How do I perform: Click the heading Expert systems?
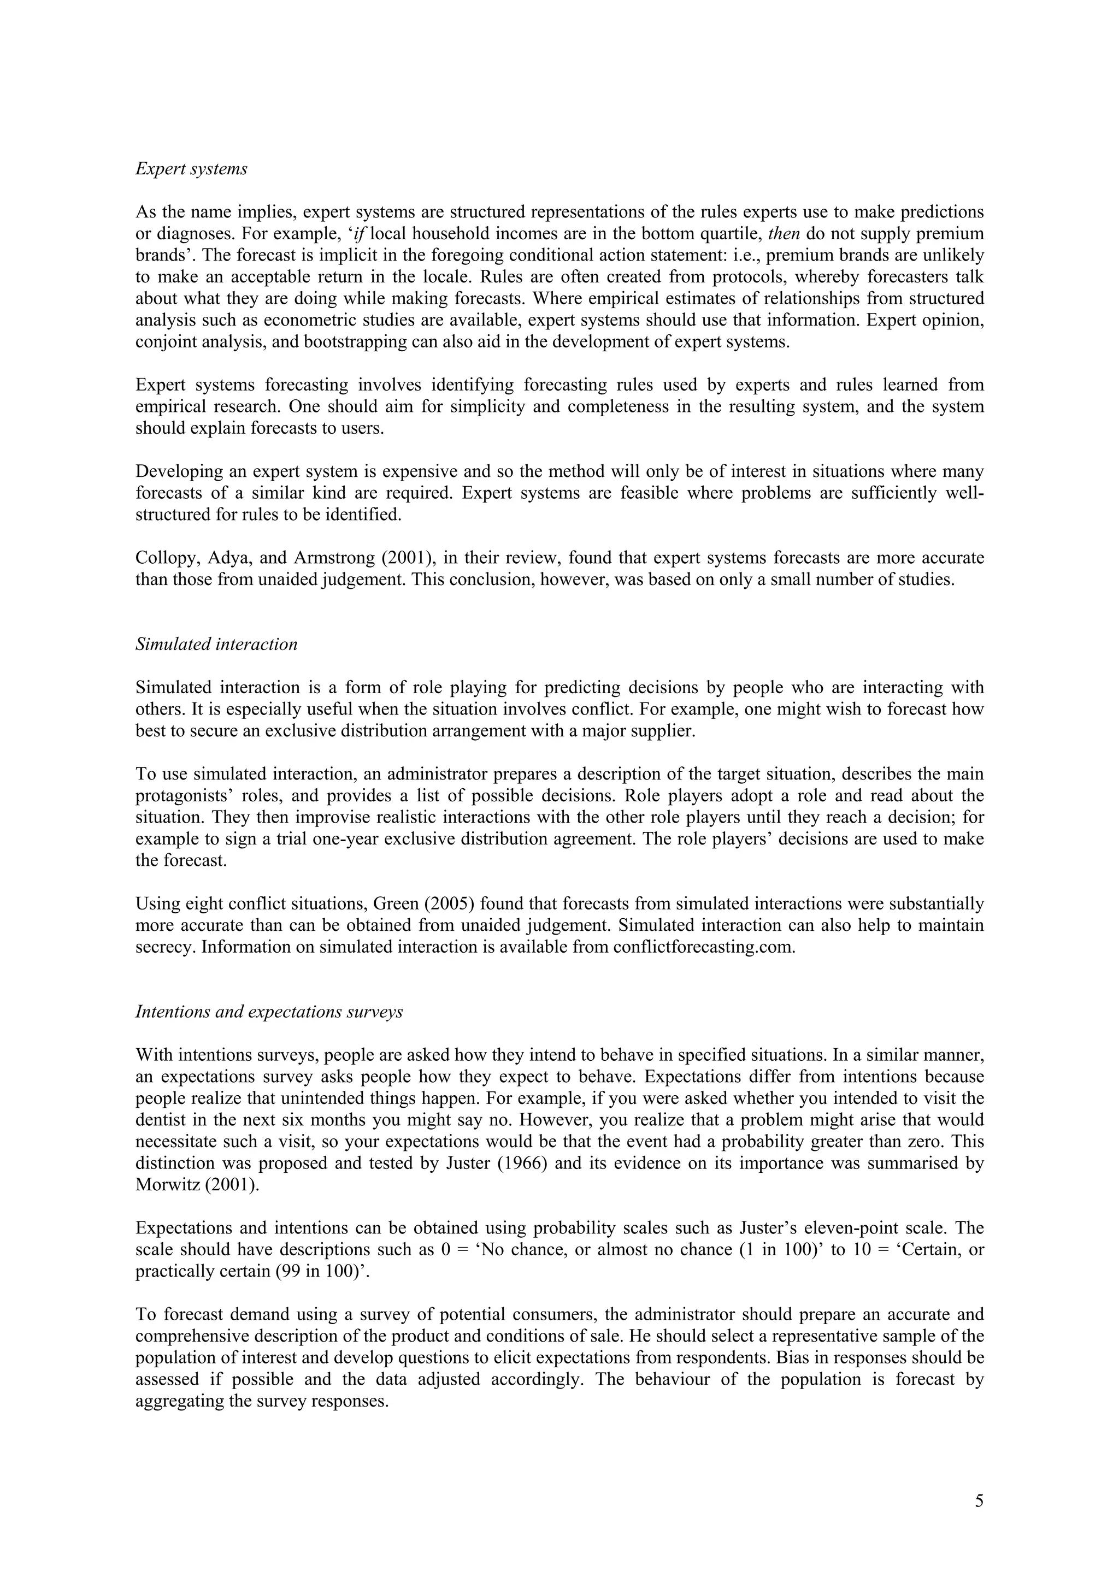191,169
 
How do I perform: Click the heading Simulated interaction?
216,644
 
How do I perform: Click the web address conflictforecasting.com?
703,947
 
